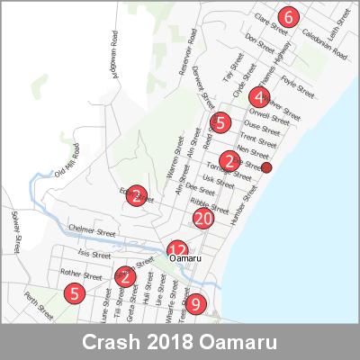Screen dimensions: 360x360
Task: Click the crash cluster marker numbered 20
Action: pos(203,219)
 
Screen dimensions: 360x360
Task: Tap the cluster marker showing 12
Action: pos(178,251)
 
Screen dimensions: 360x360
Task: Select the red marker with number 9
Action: pos(195,303)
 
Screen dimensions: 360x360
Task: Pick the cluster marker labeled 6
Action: pos(288,16)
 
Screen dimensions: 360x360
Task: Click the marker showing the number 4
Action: pos(259,98)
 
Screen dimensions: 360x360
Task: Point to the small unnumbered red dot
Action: pos(266,167)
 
